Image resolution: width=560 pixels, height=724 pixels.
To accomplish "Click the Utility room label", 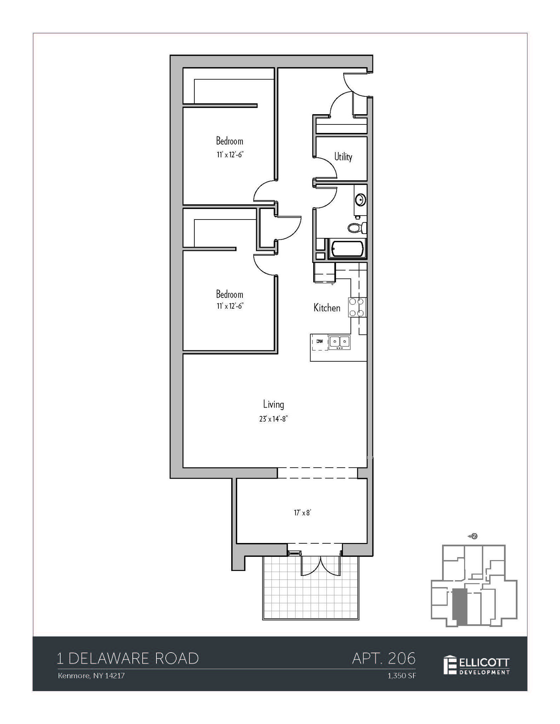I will click(x=343, y=157).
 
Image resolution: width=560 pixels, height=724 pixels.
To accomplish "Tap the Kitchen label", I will click(x=327, y=308).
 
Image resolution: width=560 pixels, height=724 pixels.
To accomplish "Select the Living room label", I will click(x=273, y=404).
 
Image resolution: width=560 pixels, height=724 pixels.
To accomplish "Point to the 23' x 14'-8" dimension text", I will click(x=273, y=419).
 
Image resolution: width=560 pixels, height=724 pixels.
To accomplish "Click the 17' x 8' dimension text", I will click(x=302, y=513).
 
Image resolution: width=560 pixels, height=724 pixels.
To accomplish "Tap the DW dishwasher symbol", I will click(x=320, y=342).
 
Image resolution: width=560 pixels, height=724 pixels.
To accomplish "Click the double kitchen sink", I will click(x=339, y=342).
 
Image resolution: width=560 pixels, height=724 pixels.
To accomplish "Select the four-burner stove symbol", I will click(x=356, y=307).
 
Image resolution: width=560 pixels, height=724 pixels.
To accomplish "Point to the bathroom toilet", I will click(x=356, y=228).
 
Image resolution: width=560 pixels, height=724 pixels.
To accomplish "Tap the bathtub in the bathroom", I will click(x=347, y=249).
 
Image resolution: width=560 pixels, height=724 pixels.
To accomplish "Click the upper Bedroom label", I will click(x=230, y=141).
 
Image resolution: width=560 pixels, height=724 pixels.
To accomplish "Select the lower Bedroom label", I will click(x=230, y=294).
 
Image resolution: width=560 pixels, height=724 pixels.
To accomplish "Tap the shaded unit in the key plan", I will click(x=459, y=606).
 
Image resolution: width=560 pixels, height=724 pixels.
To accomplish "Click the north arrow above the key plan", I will click(x=473, y=536).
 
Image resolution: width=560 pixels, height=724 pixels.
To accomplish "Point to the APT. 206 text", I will click(x=384, y=658).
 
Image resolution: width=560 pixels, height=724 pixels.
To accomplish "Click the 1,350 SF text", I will click(x=402, y=676).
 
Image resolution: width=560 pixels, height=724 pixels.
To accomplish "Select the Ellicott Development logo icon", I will click(x=450, y=665).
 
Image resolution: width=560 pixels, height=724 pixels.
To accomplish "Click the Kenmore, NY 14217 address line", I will click(x=91, y=676).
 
